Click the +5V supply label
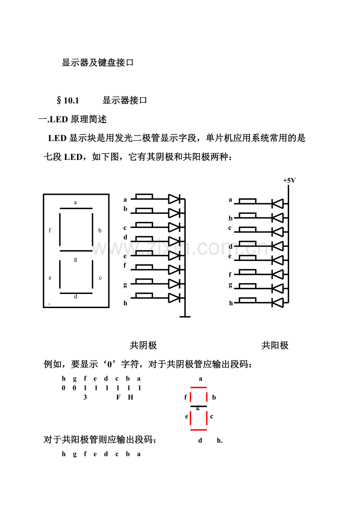click(x=289, y=180)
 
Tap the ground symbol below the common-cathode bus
click(x=185, y=316)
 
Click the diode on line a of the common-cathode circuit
click(x=174, y=199)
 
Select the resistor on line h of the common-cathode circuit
click(x=144, y=295)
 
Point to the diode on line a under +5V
click(x=277, y=203)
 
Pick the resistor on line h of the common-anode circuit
click(x=247, y=300)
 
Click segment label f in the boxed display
click(x=50, y=231)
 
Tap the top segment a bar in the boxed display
click(x=76, y=208)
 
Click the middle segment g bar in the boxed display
click(x=76, y=251)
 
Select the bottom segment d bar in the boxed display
click(x=76, y=293)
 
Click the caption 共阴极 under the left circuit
click(x=143, y=346)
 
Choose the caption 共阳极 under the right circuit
click(x=275, y=346)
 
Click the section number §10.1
click(x=68, y=100)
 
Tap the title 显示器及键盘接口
click(x=97, y=63)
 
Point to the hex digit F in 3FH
click(x=118, y=398)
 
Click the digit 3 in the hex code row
click(x=85, y=398)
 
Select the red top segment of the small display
click(x=198, y=388)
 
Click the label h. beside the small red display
click(x=220, y=441)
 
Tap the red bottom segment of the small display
click(x=198, y=430)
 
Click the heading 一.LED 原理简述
click(x=72, y=119)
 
